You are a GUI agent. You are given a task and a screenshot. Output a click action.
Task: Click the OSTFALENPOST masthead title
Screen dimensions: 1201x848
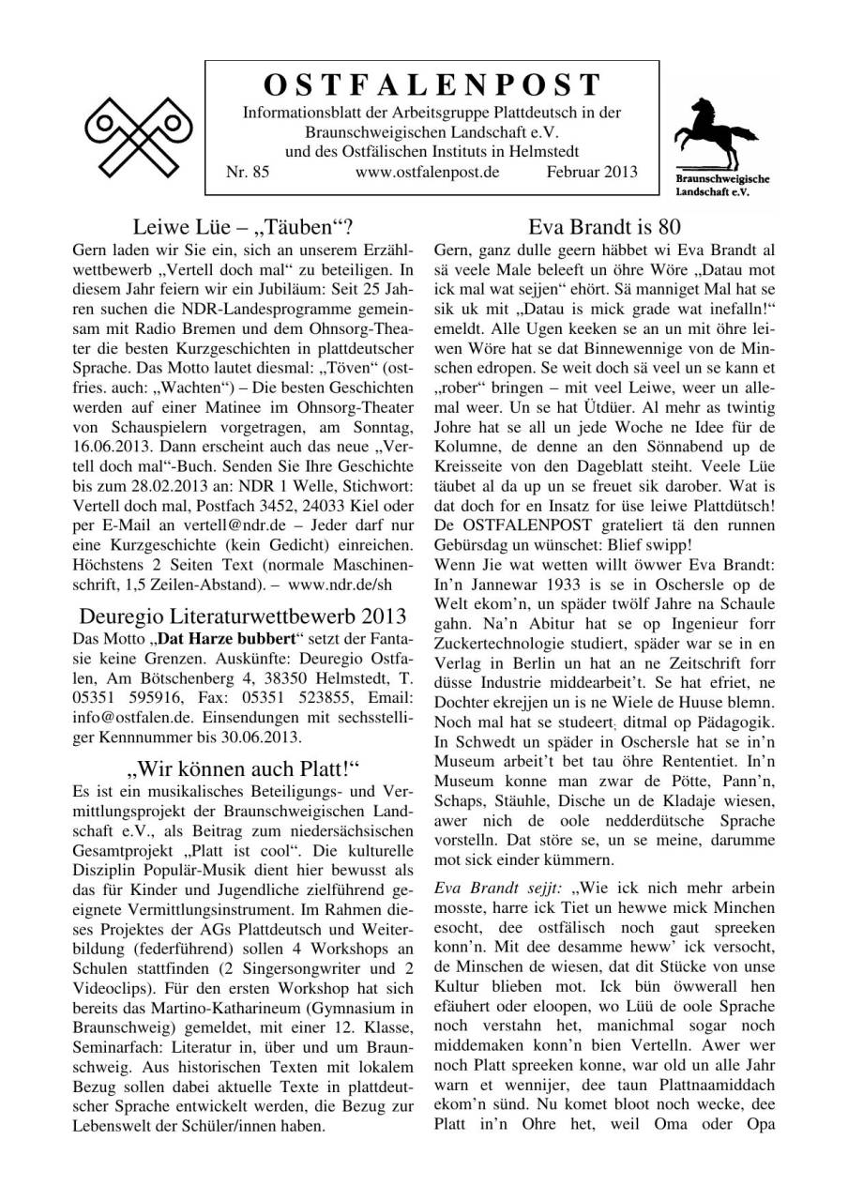point(432,85)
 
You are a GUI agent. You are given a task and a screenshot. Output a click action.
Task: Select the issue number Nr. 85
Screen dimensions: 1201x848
point(248,172)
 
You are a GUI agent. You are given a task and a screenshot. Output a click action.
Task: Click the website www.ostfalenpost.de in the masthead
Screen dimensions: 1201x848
point(427,172)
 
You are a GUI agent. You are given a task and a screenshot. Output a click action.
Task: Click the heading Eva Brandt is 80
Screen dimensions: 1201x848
point(604,227)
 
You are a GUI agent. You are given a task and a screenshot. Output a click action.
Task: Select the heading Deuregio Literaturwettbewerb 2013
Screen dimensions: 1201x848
point(243,616)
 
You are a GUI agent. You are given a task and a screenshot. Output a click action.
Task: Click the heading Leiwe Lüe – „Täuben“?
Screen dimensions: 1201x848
point(243,227)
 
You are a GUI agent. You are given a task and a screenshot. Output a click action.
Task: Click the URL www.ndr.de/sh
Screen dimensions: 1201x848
point(368,587)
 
